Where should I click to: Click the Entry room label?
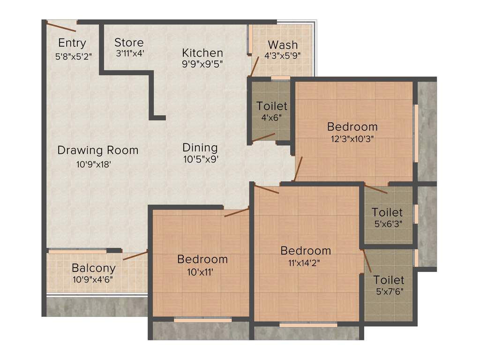coord(72,43)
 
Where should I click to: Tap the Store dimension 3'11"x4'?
coord(129,53)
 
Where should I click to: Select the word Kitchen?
coord(202,52)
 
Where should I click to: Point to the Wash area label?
coord(283,45)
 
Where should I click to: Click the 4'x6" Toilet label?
coord(272,106)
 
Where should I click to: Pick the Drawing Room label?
coord(98,150)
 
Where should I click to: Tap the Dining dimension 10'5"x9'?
coord(201,159)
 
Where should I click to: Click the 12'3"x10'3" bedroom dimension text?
coord(352,139)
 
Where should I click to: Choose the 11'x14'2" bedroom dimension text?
coord(305,262)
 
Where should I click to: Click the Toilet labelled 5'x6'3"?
coord(387,212)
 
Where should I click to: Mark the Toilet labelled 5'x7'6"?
coord(389,280)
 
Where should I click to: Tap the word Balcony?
coord(94,268)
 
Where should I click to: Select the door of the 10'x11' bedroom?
coord(236,212)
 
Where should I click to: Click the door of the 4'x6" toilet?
coord(263,137)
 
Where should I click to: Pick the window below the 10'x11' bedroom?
coord(202,320)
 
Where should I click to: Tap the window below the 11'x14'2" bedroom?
coord(308,324)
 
